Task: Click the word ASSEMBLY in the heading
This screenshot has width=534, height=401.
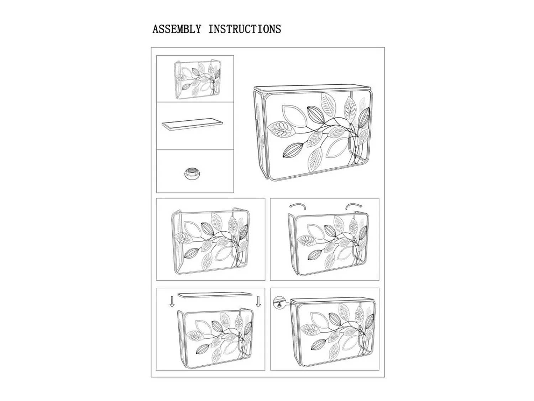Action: coord(177,29)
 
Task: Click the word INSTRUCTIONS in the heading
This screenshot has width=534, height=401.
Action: coord(245,29)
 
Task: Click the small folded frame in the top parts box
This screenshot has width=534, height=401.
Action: coord(197,80)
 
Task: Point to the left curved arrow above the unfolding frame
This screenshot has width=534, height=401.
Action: coord(297,207)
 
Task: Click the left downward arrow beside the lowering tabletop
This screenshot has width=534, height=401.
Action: coord(172,302)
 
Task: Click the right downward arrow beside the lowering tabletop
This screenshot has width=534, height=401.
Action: coord(258,302)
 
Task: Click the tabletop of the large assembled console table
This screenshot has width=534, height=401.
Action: coord(312,89)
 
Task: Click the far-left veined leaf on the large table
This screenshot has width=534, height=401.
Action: coord(282,129)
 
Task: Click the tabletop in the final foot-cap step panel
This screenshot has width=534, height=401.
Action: coord(333,301)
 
